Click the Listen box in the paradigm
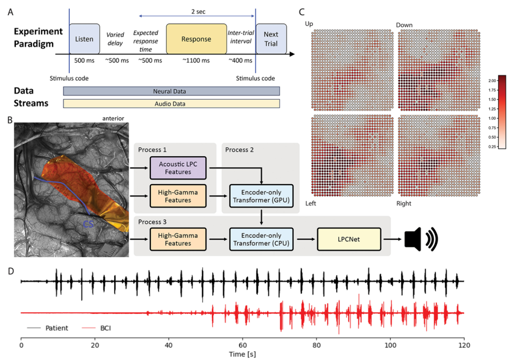point(84,38)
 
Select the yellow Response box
point(196,39)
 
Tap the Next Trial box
point(271,38)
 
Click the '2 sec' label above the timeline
point(198,11)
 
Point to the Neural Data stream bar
point(171,91)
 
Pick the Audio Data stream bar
point(171,104)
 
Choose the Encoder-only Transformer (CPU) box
point(262,240)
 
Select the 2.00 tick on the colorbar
point(506,80)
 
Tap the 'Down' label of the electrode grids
point(404,24)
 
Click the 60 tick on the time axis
point(243,344)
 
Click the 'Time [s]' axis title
point(242,353)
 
